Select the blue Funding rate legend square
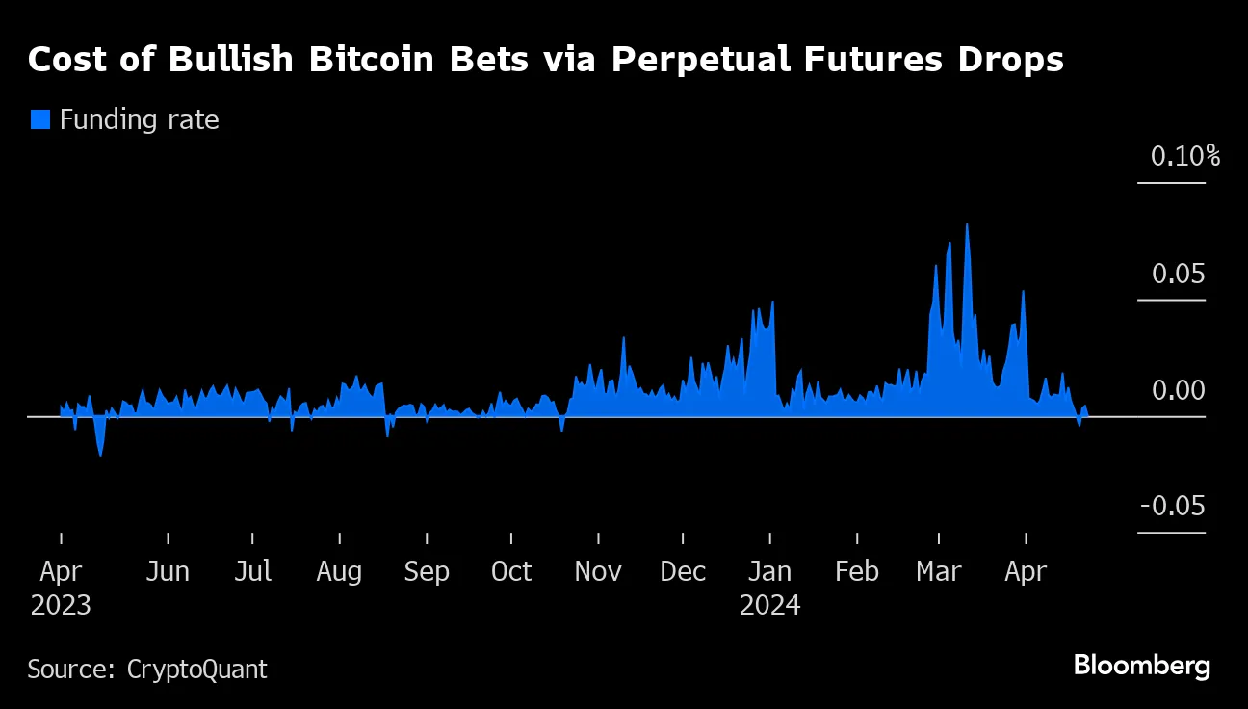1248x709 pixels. pyautogui.click(x=39, y=119)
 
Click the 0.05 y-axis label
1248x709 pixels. pyautogui.click(x=1178, y=275)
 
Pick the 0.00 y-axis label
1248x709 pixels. pyautogui.click(x=1178, y=391)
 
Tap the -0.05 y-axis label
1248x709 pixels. pyautogui.click(x=1172, y=508)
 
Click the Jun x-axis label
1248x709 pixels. pyautogui.click(x=168, y=571)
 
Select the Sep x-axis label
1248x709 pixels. pyautogui.click(x=426, y=571)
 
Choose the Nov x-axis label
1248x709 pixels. pyautogui.click(x=598, y=571)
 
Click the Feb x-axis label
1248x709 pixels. pyautogui.click(x=856, y=571)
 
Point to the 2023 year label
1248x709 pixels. pyautogui.click(x=61, y=606)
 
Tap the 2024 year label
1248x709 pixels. pyautogui.click(x=770, y=606)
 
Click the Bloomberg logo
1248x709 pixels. pyautogui.click(x=1141, y=666)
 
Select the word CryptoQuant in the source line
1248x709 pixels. pyautogui.click(x=197, y=669)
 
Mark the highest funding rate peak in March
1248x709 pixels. pyautogui.click(x=966, y=225)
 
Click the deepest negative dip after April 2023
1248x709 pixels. pyautogui.click(x=100, y=454)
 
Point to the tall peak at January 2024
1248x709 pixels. pyautogui.click(x=771, y=302)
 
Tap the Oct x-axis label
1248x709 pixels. pyautogui.click(x=511, y=571)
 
